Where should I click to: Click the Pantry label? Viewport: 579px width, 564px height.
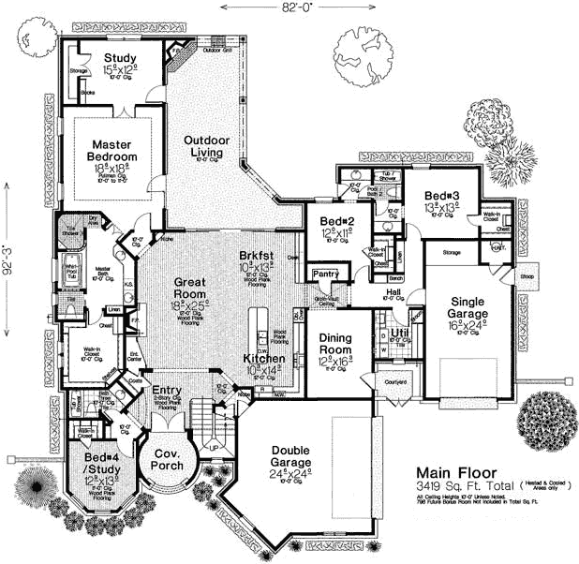(327, 274)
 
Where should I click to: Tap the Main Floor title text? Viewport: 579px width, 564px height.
(457, 472)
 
